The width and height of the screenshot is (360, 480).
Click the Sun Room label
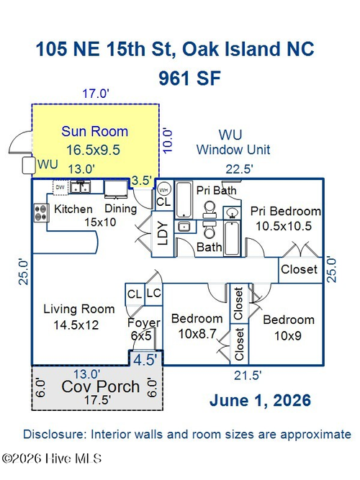(x=94, y=132)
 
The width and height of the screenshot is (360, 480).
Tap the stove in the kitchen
(x=41, y=213)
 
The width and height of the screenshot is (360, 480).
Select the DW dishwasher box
(x=60, y=187)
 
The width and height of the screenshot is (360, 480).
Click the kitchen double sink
(x=80, y=186)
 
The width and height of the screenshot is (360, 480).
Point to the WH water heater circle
(x=163, y=190)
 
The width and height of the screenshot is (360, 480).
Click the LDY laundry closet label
(x=163, y=233)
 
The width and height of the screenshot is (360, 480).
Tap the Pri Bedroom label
(x=286, y=212)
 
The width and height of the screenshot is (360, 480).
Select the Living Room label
(x=79, y=309)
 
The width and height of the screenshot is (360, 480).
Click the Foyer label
(x=144, y=322)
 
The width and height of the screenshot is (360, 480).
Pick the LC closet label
(x=153, y=293)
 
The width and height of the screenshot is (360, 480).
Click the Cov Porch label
(x=101, y=386)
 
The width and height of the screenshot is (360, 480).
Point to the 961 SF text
(x=189, y=78)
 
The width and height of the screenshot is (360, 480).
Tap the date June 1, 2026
(x=260, y=400)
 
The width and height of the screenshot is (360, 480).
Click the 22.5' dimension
(x=240, y=169)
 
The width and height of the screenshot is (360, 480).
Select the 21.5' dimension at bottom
(x=248, y=376)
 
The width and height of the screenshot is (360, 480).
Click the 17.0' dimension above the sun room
(x=96, y=94)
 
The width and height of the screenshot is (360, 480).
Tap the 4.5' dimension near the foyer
(x=145, y=360)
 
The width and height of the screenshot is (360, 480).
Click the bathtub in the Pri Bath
(x=184, y=199)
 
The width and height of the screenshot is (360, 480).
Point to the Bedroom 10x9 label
(x=288, y=327)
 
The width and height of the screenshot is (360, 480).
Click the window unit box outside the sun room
(x=29, y=166)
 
